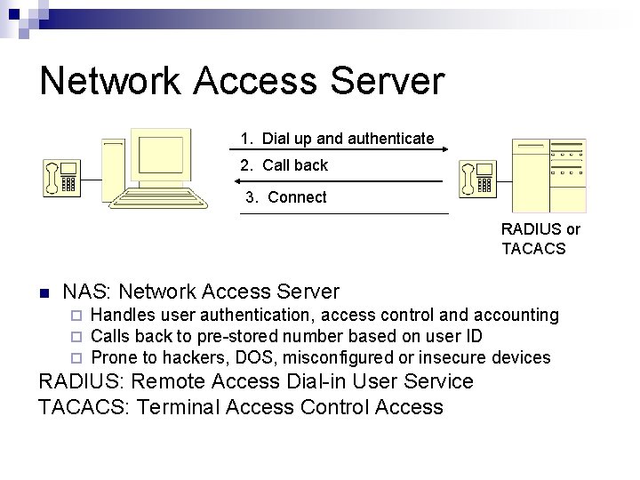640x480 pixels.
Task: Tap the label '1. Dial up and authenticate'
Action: pos(337,139)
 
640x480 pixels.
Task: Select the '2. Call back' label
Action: pos(284,165)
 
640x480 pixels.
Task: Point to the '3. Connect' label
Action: pos(285,197)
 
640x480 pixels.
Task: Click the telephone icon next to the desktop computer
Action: pos(62,176)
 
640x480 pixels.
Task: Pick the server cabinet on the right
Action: pos(548,174)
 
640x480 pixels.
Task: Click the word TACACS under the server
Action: pos(533,249)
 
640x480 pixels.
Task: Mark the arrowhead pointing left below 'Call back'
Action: pos(245,181)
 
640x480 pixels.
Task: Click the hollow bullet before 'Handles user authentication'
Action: pos(76,316)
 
